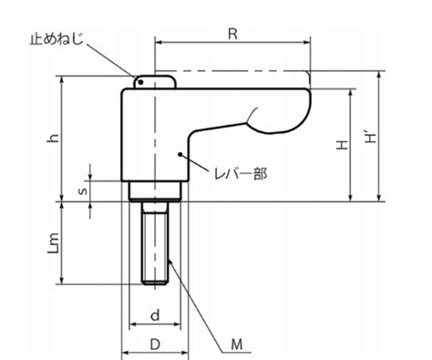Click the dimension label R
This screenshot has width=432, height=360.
(232, 35)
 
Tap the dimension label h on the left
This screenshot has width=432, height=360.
(54, 139)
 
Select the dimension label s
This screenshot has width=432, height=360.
(83, 191)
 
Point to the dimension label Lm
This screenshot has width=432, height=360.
(54, 243)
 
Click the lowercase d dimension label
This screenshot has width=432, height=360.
(155, 315)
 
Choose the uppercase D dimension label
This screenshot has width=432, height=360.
(155, 345)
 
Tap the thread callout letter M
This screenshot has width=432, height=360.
(237, 345)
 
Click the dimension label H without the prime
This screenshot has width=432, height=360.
(342, 145)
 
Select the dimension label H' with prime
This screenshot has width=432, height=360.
(370, 138)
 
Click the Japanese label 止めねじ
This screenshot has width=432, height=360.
(57, 39)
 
